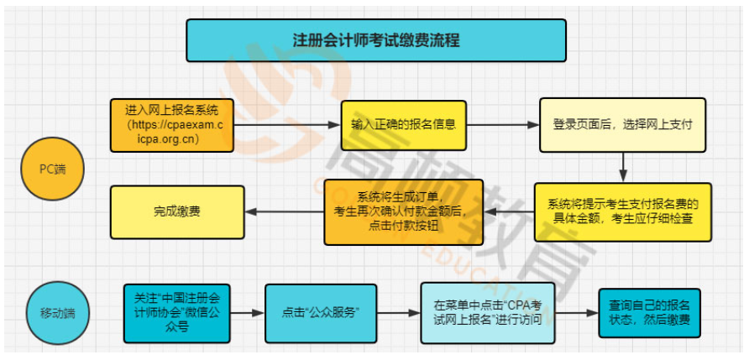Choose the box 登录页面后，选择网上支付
621,124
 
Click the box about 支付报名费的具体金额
622,211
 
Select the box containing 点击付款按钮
404,212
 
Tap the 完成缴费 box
177,211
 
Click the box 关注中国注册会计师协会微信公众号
176,313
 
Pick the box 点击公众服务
320,313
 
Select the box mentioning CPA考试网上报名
487,313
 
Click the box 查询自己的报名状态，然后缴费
649,313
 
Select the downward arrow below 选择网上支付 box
622,167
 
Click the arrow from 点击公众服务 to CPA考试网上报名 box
399,313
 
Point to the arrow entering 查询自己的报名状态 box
576,313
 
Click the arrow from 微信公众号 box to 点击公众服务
248,313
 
